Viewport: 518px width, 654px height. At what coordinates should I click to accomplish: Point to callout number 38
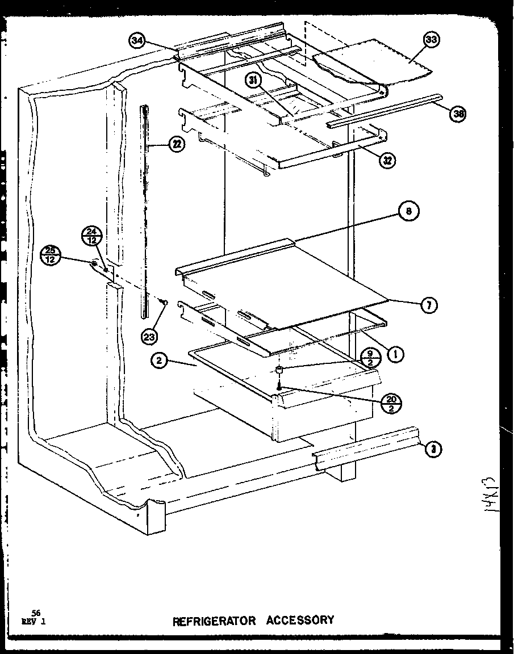(x=458, y=114)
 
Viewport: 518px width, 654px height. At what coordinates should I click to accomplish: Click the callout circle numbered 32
(x=388, y=160)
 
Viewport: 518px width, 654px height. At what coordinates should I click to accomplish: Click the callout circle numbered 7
(x=429, y=305)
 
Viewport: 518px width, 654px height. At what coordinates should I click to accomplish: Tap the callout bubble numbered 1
(x=395, y=354)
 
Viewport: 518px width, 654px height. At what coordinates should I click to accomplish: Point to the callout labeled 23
(x=149, y=337)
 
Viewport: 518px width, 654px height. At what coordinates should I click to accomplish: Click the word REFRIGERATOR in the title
(x=215, y=621)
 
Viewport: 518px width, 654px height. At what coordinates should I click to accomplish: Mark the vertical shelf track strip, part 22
(x=145, y=210)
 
